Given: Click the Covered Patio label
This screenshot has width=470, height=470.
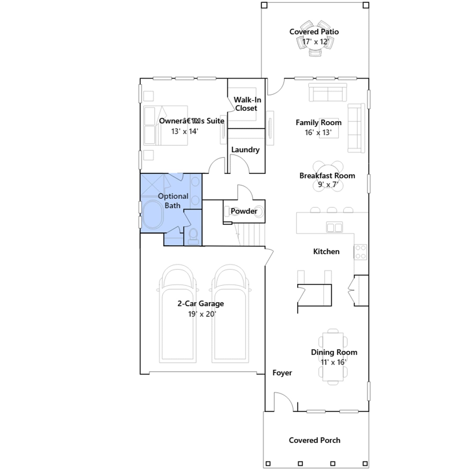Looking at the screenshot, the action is click(x=314, y=32).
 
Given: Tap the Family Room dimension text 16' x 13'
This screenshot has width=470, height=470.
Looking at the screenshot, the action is click(x=318, y=132).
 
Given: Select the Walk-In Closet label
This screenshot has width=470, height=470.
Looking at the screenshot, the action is click(x=247, y=104).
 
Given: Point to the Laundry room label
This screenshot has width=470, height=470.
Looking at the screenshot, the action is click(x=245, y=150).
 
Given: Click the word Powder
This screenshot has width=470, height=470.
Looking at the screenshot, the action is click(x=244, y=211).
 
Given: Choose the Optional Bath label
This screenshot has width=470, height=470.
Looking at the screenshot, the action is click(x=173, y=201).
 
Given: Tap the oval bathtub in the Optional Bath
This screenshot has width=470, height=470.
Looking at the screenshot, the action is click(x=153, y=214).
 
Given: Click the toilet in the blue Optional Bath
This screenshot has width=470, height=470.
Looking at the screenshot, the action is click(x=193, y=236).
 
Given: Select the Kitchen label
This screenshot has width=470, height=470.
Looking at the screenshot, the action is click(x=326, y=251).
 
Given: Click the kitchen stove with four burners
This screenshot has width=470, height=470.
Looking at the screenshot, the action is click(x=360, y=252).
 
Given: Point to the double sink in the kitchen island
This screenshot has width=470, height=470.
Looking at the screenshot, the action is click(x=335, y=227).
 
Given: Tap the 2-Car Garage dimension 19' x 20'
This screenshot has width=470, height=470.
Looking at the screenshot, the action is click(x=202, y=314).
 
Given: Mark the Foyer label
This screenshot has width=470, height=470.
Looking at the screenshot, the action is click(x=282, y=373).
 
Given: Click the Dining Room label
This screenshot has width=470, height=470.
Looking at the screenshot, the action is click(x=334, y=352).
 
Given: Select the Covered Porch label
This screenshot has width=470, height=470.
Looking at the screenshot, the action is click(x=315, y=440).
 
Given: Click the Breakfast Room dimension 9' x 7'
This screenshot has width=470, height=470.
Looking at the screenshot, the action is click(x=328, y=184).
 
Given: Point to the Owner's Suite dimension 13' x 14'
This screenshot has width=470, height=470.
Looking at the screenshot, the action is click(x=184, y=131).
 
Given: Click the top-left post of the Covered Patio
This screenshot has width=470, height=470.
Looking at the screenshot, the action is click(x=264, y=5).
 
